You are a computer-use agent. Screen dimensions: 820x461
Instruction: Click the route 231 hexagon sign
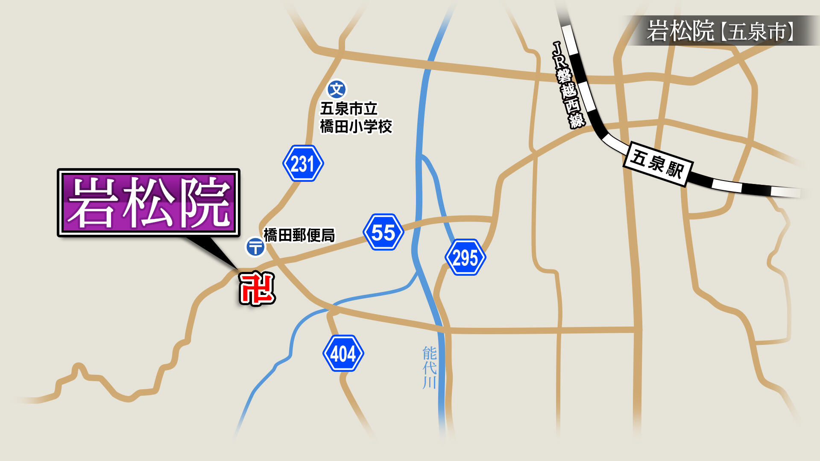pos(303,163)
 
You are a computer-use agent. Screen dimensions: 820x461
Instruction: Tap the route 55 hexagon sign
pos(383,232)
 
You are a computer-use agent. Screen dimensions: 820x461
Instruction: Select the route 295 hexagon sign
pos(465,257)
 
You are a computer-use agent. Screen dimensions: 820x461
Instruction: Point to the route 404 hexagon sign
pos(343,353)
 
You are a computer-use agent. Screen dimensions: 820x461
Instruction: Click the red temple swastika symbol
pos(257,289)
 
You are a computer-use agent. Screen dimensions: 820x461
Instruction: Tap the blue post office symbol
pos(255,247)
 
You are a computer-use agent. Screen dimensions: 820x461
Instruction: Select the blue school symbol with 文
pos(337,90)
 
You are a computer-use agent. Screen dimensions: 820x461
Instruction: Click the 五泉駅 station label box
pos(657,164)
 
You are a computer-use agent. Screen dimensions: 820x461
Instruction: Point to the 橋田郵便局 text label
pos(299,235)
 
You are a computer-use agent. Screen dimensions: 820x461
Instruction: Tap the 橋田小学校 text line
pos(356,126)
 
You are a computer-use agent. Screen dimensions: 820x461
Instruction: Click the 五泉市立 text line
pos(348,108)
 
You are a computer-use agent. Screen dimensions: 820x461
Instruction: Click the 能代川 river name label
pos(429,368)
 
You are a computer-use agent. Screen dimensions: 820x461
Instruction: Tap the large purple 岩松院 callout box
pos(148,203)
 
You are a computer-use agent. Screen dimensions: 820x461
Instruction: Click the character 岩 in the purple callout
pos(92,203)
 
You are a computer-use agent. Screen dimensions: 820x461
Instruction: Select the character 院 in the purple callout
pos(205,203)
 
